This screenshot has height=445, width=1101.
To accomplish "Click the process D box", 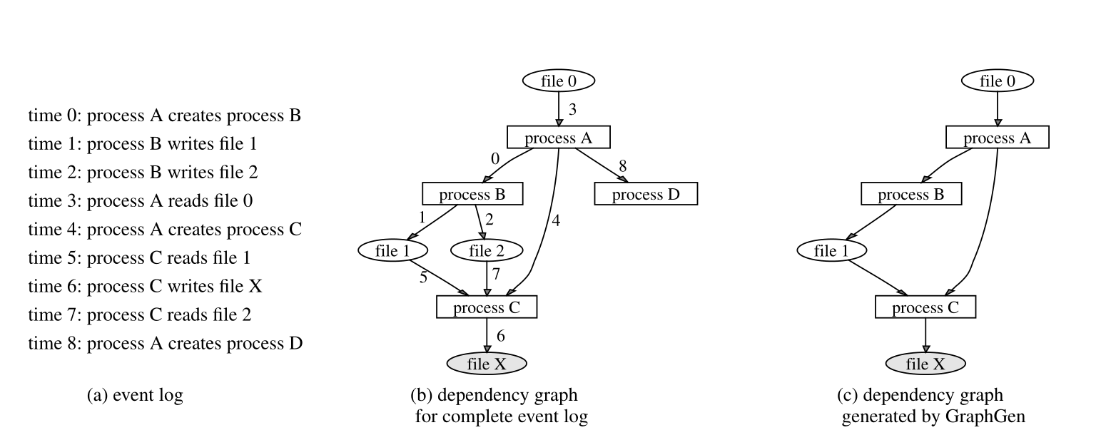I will (x=645, y=194).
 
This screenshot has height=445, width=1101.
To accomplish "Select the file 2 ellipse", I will (x=487, y=251).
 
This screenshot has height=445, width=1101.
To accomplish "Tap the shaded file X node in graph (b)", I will (x=487, y=364).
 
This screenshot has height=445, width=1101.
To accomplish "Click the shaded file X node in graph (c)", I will (x=925, y=364).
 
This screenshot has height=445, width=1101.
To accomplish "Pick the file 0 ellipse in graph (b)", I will (x=558, y=81).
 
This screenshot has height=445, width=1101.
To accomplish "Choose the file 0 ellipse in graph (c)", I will (x=997, y=81).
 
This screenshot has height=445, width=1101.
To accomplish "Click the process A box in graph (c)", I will (x=997, y=138).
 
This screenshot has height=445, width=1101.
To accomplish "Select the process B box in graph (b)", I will (x=472, y=194).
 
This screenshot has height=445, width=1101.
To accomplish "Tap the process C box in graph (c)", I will (x=925, y=307).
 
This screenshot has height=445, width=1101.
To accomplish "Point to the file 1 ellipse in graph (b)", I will (x=393, y=251).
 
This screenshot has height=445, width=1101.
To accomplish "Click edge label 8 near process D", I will (x=622, y=166).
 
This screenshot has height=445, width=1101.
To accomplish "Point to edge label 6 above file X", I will (x=500, y=335).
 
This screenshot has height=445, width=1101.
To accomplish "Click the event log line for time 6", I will (x=146, y=286).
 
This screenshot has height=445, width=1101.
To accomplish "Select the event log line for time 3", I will (x=141, y=201).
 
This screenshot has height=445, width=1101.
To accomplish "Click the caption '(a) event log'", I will (x=134, y=395).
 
